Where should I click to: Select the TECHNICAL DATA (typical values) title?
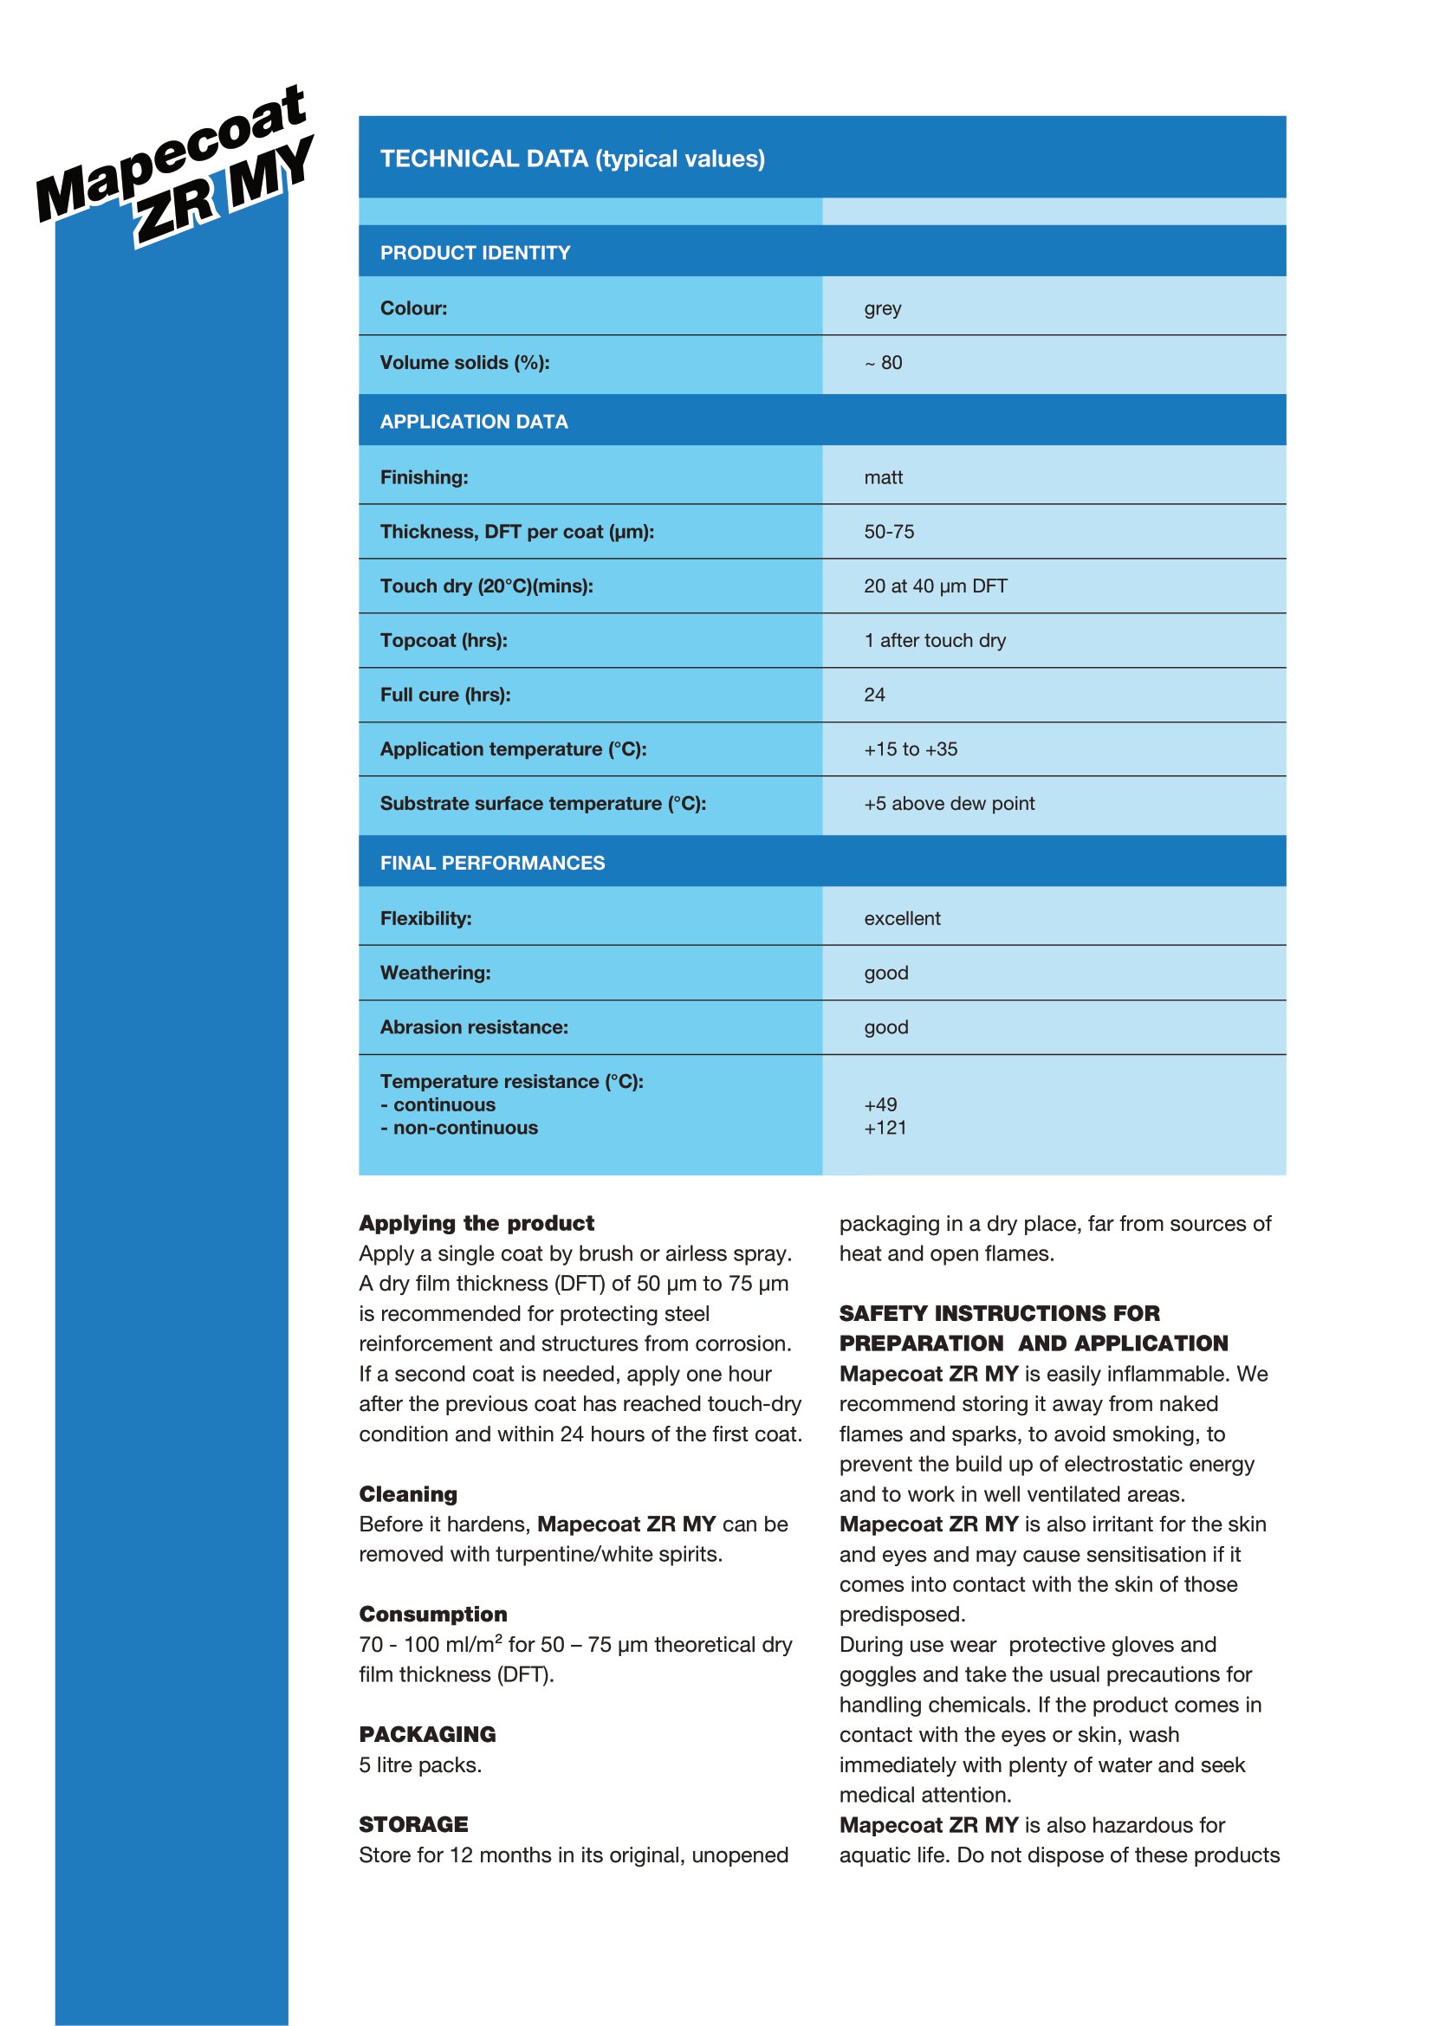click(x=572, y=159)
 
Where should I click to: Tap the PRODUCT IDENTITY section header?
click(x=475, y=253)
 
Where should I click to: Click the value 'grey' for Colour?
click(x=882, y=309)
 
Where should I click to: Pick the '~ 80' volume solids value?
click(x=883, y=363)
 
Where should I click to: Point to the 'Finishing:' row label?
click(x=424, y=477)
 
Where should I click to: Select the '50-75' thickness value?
click(x=889, y=532)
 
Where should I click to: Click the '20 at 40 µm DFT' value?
click(x=936, y=586)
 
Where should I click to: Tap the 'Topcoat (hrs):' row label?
click(x=443, y=641)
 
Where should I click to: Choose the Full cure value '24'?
click(x=874, y=696)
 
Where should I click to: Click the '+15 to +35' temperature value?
click(x=911, y=749)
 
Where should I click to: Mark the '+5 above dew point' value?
click(x=949, y=804)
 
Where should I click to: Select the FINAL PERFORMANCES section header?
click(x=492, y=863)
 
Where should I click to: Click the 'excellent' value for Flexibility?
click(x=902, y=918)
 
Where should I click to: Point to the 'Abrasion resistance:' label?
click(x=474, y=1027)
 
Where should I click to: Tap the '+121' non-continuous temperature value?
click(x=885, y=1128)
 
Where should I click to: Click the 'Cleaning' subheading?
click(x=408, y=1494)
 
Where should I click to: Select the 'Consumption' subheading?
click(x=432, y=1614)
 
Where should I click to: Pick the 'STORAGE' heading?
click(x=413, y=1824)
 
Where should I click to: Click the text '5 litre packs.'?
click(x=420, y=1764)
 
